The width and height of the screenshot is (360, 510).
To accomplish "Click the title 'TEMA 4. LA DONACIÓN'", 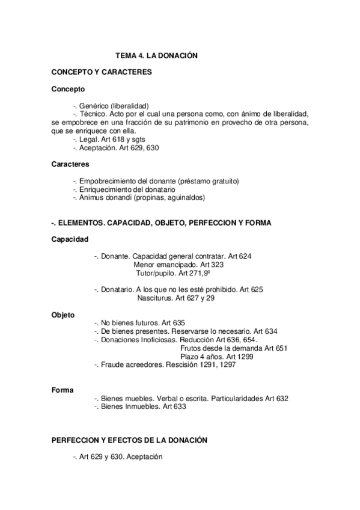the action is click(156, 56).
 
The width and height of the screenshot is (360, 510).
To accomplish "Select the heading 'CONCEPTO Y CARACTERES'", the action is click(101, 72).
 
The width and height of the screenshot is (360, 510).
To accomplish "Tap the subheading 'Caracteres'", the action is click(71, 164).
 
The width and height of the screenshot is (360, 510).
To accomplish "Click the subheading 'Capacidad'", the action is click(70, 239).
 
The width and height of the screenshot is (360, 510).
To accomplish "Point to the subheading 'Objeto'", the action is click(63, 315).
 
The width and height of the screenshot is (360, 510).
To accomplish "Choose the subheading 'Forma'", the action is click(63, 390).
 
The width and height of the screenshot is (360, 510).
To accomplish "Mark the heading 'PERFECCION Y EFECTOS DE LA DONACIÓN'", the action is click(129, 440).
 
